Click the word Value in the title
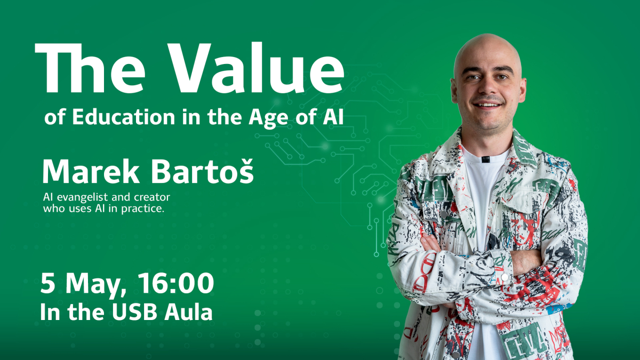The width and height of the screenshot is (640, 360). (x=255, y=68)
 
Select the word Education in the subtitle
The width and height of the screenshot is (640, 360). (x=123, y=117)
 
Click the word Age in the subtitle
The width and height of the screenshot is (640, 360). (x=268, y=118)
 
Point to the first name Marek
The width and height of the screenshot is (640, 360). (x=91, y=171)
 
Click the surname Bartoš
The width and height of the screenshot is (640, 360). (x=202, y=171)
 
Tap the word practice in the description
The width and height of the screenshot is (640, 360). (x=142, y=209)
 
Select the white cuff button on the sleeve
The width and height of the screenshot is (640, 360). (x=505, y=277)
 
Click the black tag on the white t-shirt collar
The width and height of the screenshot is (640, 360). (x=485, y=159)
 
